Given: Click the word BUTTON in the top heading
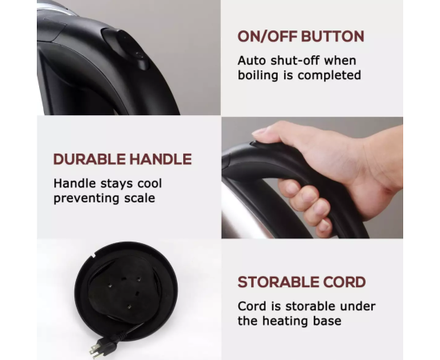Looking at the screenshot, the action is click(x=333, y=37).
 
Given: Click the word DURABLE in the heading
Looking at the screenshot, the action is click(x=90, y=159).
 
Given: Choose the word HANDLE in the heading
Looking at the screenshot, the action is click(x=161, y=159).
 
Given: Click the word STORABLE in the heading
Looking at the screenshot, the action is click(x=278, y=282).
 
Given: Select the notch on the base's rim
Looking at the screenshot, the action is click(x=93, y=254).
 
